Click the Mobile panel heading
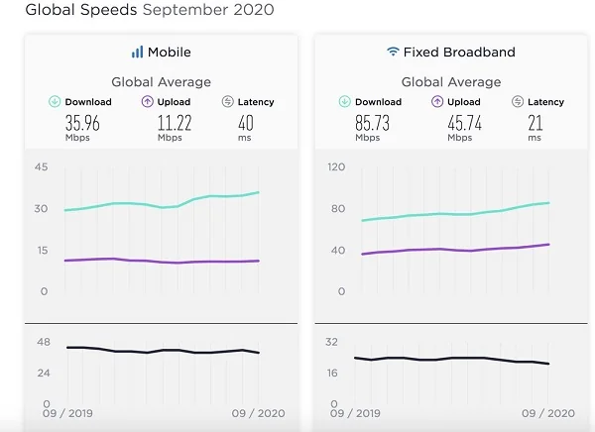coord(169,52)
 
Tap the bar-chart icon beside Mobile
coord(137,52)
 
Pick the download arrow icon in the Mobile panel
coord(55,102)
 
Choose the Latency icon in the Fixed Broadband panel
coord(518,102)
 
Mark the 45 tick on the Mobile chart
coord(43,167)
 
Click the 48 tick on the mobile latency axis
coord(43,342)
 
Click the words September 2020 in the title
coord(208,11)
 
